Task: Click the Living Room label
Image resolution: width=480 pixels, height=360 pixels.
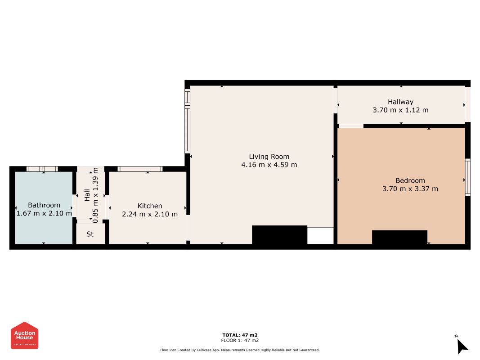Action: click(269, 157)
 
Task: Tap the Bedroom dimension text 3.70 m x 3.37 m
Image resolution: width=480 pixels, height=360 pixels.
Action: click(410, 189)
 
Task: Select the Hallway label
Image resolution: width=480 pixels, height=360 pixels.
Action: click(400, 102)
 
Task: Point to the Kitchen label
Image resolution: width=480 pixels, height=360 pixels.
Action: click(150, 206)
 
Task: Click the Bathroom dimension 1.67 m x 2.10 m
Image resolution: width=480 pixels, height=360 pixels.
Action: click(44, 213)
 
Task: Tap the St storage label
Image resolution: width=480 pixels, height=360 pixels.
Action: click(90, 234)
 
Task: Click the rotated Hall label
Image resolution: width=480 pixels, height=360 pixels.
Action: click(87, 195)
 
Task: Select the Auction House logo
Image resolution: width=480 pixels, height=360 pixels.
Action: click(24, 335)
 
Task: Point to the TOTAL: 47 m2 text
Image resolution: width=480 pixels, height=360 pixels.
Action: click(240, 335)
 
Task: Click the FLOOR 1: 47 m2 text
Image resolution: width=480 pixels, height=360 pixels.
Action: click(240, 340)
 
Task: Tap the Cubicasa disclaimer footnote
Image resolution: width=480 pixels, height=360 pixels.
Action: click(240, 350)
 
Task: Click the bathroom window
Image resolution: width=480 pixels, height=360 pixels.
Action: click(42, 169)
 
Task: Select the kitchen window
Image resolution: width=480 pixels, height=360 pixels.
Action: click(140, 169)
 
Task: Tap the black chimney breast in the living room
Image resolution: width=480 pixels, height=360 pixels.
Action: click(279, 235)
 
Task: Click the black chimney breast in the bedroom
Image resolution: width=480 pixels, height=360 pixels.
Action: click(399, 237)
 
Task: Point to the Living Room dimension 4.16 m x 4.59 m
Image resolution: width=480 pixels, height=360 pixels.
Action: click(269, 165)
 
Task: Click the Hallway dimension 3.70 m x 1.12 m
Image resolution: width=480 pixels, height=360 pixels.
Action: click(400, 110)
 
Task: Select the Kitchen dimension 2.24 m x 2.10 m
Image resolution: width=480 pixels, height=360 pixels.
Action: click(150, 214)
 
